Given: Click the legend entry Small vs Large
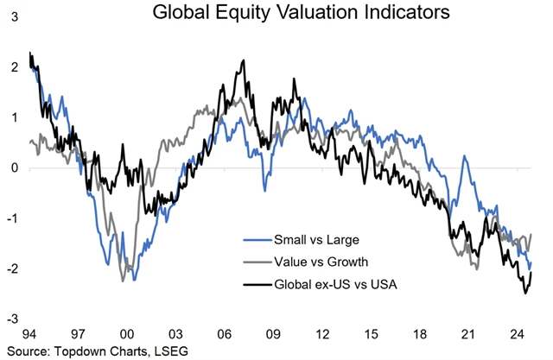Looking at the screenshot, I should (x=309, y=239).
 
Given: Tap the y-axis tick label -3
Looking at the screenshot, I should (x=11, y=319).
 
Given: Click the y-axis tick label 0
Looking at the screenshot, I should (x=13, y=167).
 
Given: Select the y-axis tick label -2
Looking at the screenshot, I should (x=11, y=269).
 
